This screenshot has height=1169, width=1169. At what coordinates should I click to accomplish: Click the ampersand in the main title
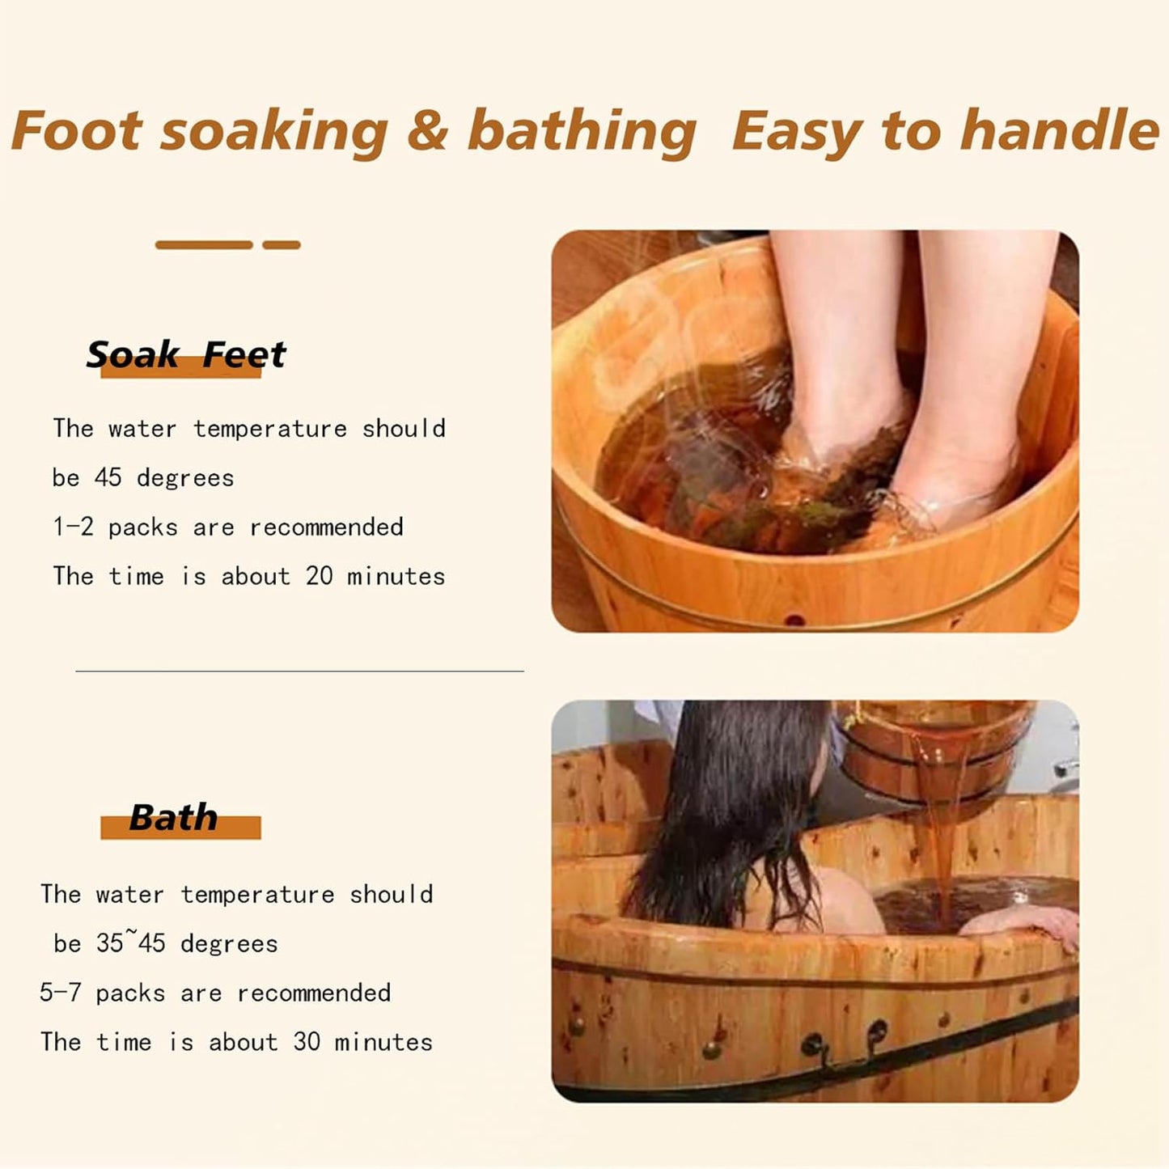(x=427, y=130)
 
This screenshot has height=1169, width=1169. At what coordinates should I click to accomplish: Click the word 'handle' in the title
(x=1059, y=130)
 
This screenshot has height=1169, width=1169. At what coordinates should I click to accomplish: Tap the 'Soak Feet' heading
(x=186, y=355)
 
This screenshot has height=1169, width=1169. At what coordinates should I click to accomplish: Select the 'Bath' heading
(x=173, y=818)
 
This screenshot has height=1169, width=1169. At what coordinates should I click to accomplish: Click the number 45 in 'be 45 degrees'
(x=108, y=477)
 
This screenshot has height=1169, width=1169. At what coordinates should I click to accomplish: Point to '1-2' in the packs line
(x=73, y=527)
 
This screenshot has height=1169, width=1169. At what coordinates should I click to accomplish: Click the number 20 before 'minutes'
(x=319, y=576)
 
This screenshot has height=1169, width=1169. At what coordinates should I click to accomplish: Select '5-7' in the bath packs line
(x=60, y=993)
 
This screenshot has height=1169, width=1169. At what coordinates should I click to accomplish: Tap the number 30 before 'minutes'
(x=307, y=1042)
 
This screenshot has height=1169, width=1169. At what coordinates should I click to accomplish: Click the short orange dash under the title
(x=282, y=244)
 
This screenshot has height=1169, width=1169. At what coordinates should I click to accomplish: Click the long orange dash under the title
(x=204, y=244)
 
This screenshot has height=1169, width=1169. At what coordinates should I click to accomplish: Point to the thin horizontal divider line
(x=299, y=671)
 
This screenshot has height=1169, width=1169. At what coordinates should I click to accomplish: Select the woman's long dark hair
(x=728, y=809)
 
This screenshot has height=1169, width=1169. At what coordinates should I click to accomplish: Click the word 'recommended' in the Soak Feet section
(x=326, y=527)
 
